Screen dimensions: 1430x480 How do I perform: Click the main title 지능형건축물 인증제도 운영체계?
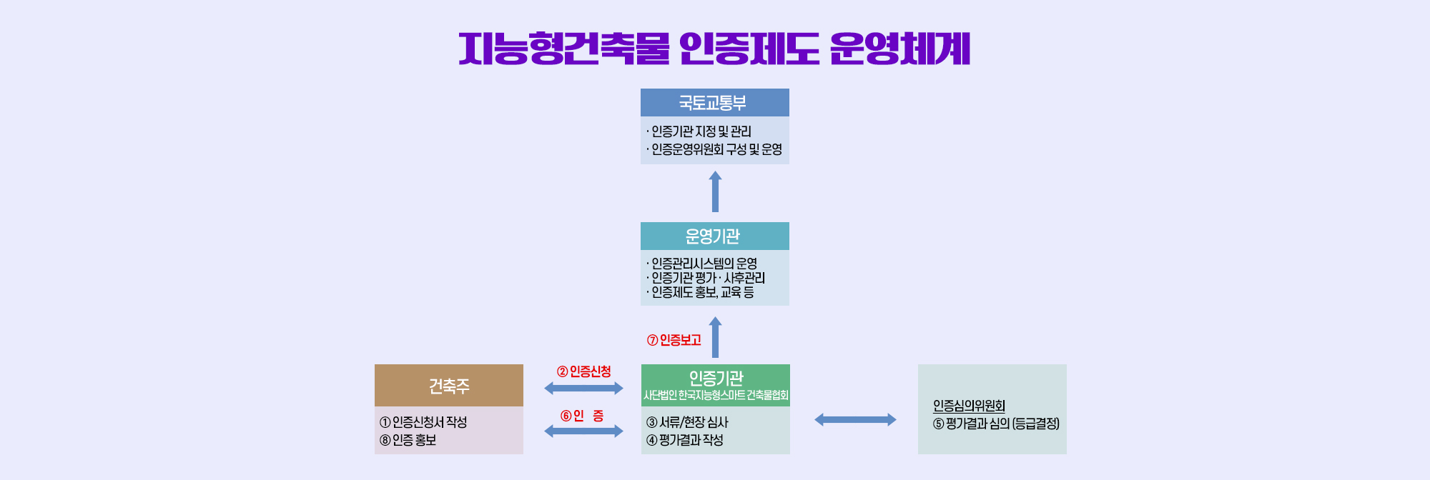tap(714, 49)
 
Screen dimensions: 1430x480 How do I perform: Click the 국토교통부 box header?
tap(715, 103)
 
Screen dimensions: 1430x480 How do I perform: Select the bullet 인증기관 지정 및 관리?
tap(699, 131)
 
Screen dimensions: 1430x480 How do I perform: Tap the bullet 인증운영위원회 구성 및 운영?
tap(714, 149)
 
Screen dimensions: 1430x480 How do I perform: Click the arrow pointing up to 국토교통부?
tap(715, 191)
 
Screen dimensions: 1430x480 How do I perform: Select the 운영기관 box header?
tap(715, 236)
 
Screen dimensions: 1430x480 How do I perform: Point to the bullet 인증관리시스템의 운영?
tap(701, 264)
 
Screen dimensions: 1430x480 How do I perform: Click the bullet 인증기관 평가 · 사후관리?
tap(706, 278)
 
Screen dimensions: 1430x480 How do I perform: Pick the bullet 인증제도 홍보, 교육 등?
tap(700, 292)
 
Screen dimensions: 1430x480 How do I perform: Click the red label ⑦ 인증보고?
tap(674, 340)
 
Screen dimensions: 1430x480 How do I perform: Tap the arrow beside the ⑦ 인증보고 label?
tap(715, 337)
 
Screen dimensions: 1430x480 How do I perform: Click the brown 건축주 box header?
tap(449, 386)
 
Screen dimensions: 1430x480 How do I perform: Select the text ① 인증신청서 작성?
tap(423, 422)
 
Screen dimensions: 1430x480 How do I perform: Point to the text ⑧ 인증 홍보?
tap(408, 440)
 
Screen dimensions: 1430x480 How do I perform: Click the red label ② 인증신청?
tap(584, 371)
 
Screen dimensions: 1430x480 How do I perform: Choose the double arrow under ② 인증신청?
tap(583, 389)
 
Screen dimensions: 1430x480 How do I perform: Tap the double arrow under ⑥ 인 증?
tap(583, 431)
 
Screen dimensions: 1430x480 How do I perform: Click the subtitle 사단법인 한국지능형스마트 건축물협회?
tap(716, 395)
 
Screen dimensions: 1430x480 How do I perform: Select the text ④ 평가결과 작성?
tap(685, 440)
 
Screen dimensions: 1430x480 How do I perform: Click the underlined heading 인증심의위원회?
tap(969, 406)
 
